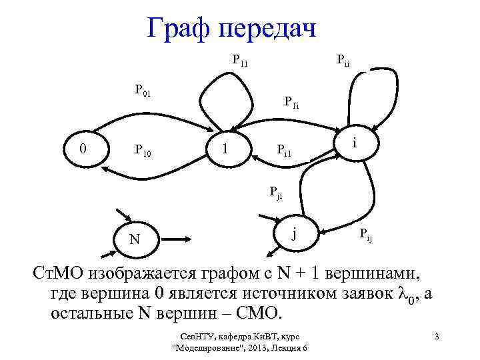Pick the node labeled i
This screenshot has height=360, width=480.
(x=356, y=143)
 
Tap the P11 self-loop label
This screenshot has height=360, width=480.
(x=239, y=61)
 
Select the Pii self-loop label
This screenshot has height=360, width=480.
(x=343, y=62)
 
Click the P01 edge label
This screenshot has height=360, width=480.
(x=143, y=90)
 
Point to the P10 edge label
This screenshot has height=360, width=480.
(x=143, y=153)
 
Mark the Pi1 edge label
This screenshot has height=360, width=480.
(x=285, y=153)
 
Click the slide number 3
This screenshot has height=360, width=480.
(x=436, y=335)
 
